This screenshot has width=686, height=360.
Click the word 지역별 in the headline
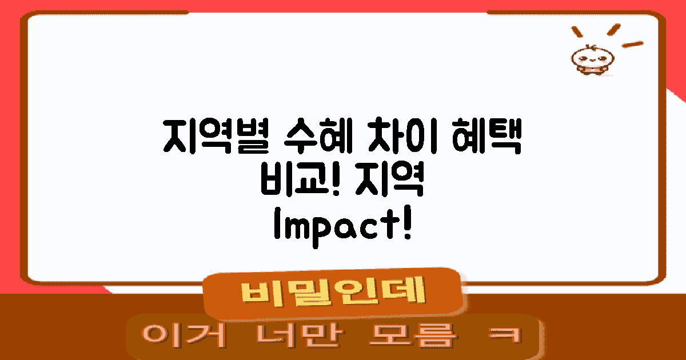(216, 136)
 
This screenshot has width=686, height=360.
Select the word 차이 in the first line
(402, 135)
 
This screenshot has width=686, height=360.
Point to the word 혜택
(486, 135)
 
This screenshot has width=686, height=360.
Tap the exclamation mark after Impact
(407, 223)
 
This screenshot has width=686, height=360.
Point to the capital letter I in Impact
(277, 223)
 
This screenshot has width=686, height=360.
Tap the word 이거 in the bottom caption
(184, 335)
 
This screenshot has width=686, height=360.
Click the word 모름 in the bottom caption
(413, 335)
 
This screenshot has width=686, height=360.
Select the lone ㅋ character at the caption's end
(505, 335)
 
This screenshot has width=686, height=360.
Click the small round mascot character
(593, 59)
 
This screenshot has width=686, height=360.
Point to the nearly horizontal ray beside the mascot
(632, 45)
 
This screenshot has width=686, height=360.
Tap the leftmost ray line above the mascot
(577, 32)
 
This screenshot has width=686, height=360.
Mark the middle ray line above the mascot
(614, 29)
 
